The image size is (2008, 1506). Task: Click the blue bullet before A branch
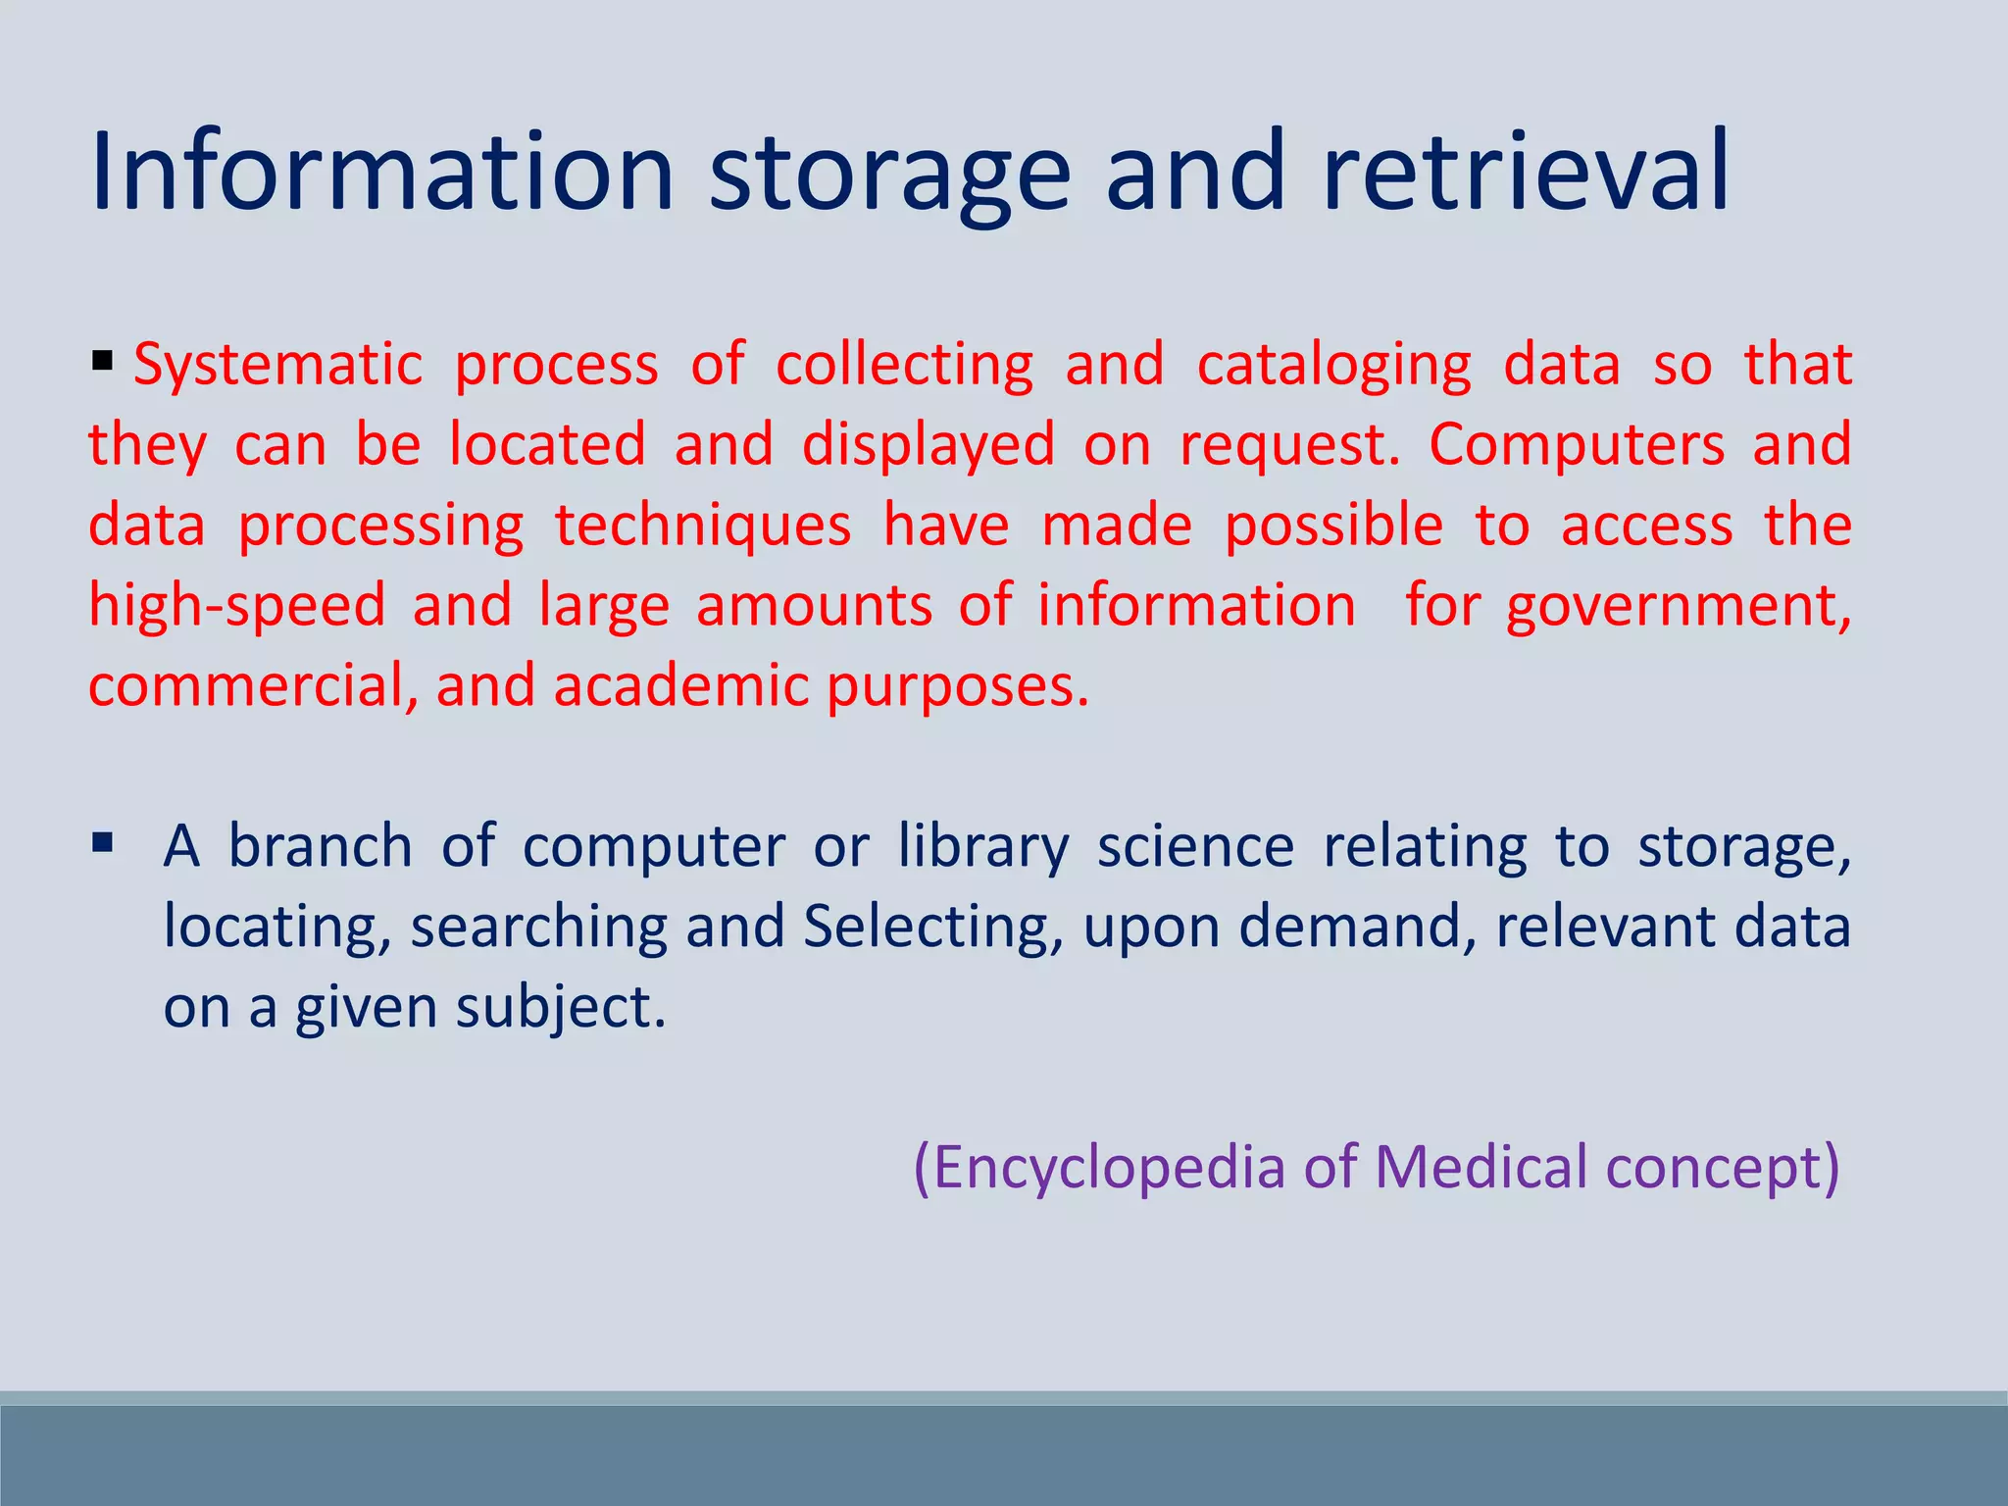(x=103, y=842)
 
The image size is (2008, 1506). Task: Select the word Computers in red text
(x=1576, y=446)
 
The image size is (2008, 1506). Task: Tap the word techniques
(x=703, y=527)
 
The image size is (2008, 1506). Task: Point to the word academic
(x=681, y=685)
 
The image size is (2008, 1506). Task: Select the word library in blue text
(x=983, y=847)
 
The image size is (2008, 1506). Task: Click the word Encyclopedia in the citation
(x=1098, y=1168)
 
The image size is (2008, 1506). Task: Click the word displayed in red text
(x=928, y=446)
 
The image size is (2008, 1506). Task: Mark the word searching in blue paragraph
(x=538, y=928)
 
